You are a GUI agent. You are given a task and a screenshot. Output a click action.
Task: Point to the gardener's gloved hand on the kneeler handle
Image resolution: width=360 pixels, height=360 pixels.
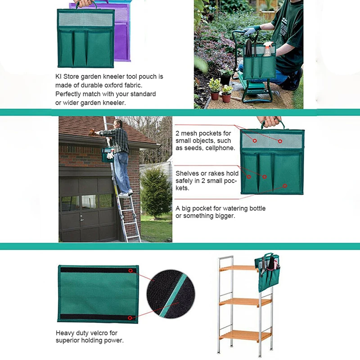[x=249, y=31]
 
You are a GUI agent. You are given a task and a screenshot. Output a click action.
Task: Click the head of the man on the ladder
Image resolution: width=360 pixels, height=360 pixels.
[x=118, y=124]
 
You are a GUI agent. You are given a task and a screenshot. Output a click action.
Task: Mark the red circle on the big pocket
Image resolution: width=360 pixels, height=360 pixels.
[x=285, y=185]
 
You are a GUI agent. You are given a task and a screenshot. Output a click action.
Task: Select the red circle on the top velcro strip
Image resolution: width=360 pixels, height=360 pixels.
[x=130, y=271]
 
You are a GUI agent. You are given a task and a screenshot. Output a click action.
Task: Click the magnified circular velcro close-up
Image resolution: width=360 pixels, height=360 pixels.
[x=170, y=293]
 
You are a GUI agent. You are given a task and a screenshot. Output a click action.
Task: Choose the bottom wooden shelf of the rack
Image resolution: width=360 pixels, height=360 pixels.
[x=245, y=335]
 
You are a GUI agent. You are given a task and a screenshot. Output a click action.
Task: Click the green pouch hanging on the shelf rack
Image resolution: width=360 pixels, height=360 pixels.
[x=268, y=272]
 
